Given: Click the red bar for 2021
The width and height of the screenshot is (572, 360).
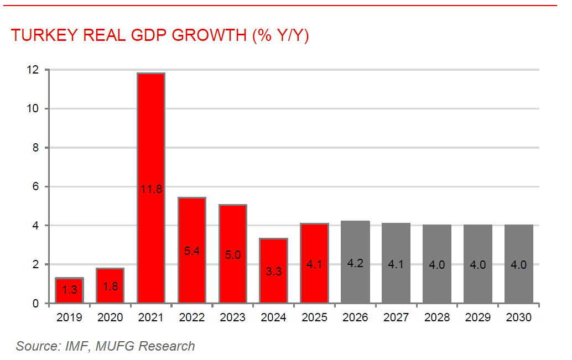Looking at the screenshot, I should [150, 138].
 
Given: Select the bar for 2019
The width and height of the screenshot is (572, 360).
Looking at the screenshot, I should [69, 290].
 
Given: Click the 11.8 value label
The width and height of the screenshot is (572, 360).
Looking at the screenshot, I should [150, 190].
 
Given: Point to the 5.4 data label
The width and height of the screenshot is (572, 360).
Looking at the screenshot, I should [191, 251].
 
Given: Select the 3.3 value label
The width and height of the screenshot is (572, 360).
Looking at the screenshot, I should [273, 272].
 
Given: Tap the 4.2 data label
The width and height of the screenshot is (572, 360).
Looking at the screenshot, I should [355, 264].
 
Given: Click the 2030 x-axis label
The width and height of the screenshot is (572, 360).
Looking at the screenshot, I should [518, 318].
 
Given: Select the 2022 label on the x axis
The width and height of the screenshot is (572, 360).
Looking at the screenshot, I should [191, 318].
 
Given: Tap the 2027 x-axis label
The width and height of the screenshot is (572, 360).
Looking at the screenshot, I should [396, 318].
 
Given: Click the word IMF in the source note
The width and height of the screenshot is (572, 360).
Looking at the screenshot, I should [77, 347].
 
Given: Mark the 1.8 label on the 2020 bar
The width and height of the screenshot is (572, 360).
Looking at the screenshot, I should [110, 286].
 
